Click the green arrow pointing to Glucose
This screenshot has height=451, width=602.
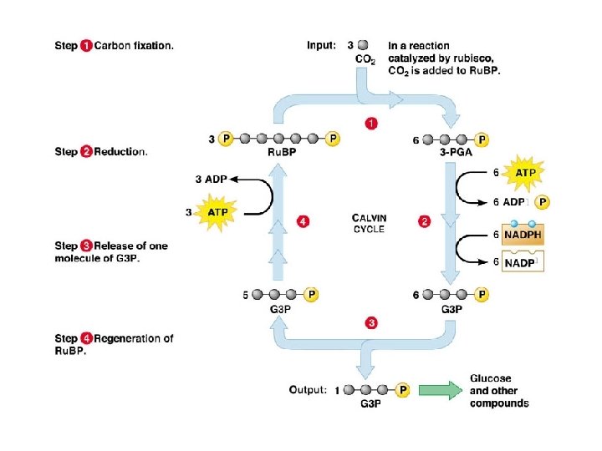pos(440,390)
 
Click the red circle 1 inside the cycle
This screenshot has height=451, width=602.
pos(371,124)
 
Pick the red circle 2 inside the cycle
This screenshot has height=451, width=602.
pos(424,221)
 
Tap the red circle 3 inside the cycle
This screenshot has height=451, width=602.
pos(371,322)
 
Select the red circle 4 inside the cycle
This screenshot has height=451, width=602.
pos(304,221)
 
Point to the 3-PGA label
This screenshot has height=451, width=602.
pos(451,153)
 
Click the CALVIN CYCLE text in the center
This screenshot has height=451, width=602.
pos(369,224)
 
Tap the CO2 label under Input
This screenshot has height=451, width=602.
pos(365,60)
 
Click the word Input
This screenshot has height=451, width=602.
pos(321,46)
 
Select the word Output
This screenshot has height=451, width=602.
pos(308,389)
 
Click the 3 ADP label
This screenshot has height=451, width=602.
pos(210,178)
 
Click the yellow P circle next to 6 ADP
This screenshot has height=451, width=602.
pos(543,201)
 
